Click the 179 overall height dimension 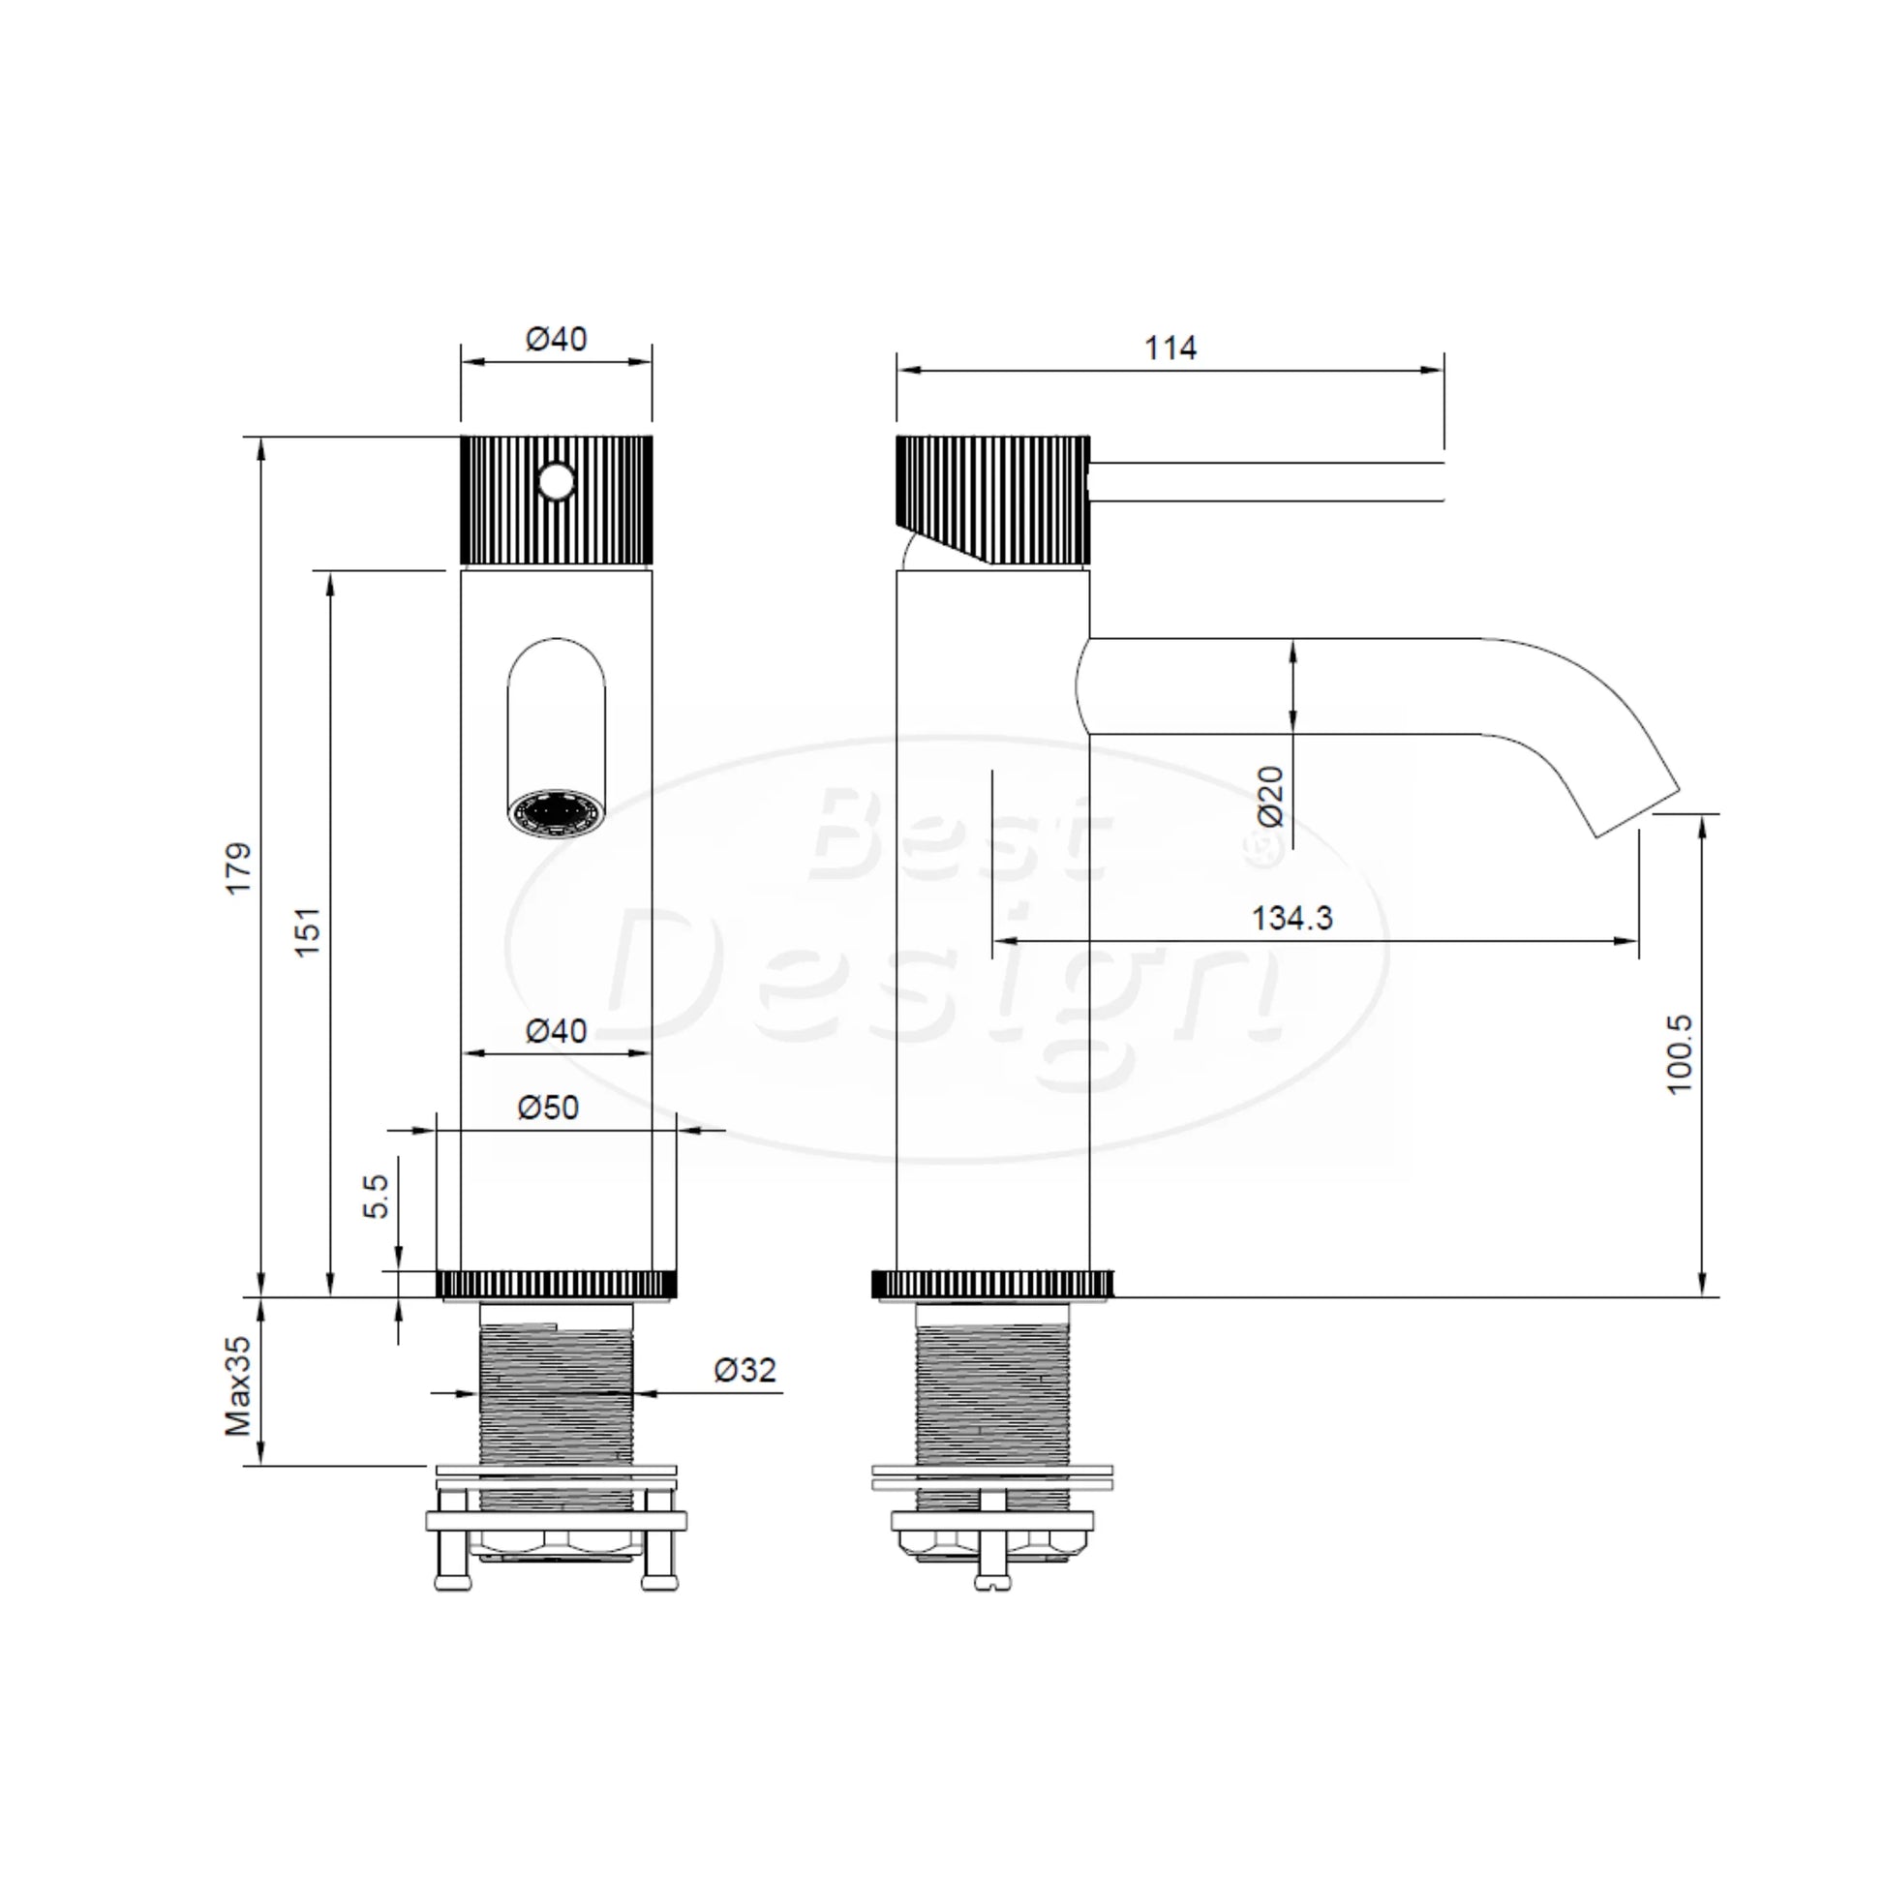(239, 867)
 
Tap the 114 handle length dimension (1170, 349)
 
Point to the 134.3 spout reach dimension (1291, 918)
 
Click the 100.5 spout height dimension (1679, 1054)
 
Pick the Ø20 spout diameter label (1270, 796)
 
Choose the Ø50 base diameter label (548, 1107)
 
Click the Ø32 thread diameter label (745, 1370)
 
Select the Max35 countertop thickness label (239, 1385)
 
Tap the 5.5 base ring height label (377, 1196)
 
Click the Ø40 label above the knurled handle (556, 339)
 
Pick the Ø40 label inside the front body (556, 1030)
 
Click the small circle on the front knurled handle (557, 481)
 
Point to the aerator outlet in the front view (556, 812)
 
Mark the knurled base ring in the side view (991, 1285)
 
